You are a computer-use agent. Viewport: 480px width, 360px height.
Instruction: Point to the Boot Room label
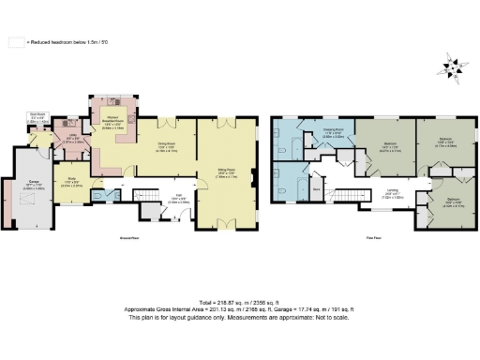point(38,118)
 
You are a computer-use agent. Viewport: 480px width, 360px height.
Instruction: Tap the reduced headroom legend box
point(15,42)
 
